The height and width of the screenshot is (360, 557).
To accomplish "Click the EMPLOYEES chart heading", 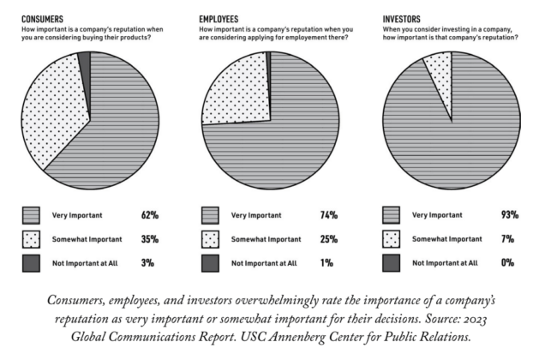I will pyautogui.click(x=220, y=18).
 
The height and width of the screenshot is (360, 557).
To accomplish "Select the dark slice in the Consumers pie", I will pyautogui.click(x=84, y=58).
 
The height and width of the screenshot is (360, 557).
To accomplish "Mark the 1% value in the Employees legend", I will pyautogui.click(x=326, y=263).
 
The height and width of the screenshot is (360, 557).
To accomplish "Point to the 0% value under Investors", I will pyautogui.click(x=507, y=263).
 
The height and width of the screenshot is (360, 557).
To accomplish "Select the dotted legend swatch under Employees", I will pyautogui.click(x=210, y=239).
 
